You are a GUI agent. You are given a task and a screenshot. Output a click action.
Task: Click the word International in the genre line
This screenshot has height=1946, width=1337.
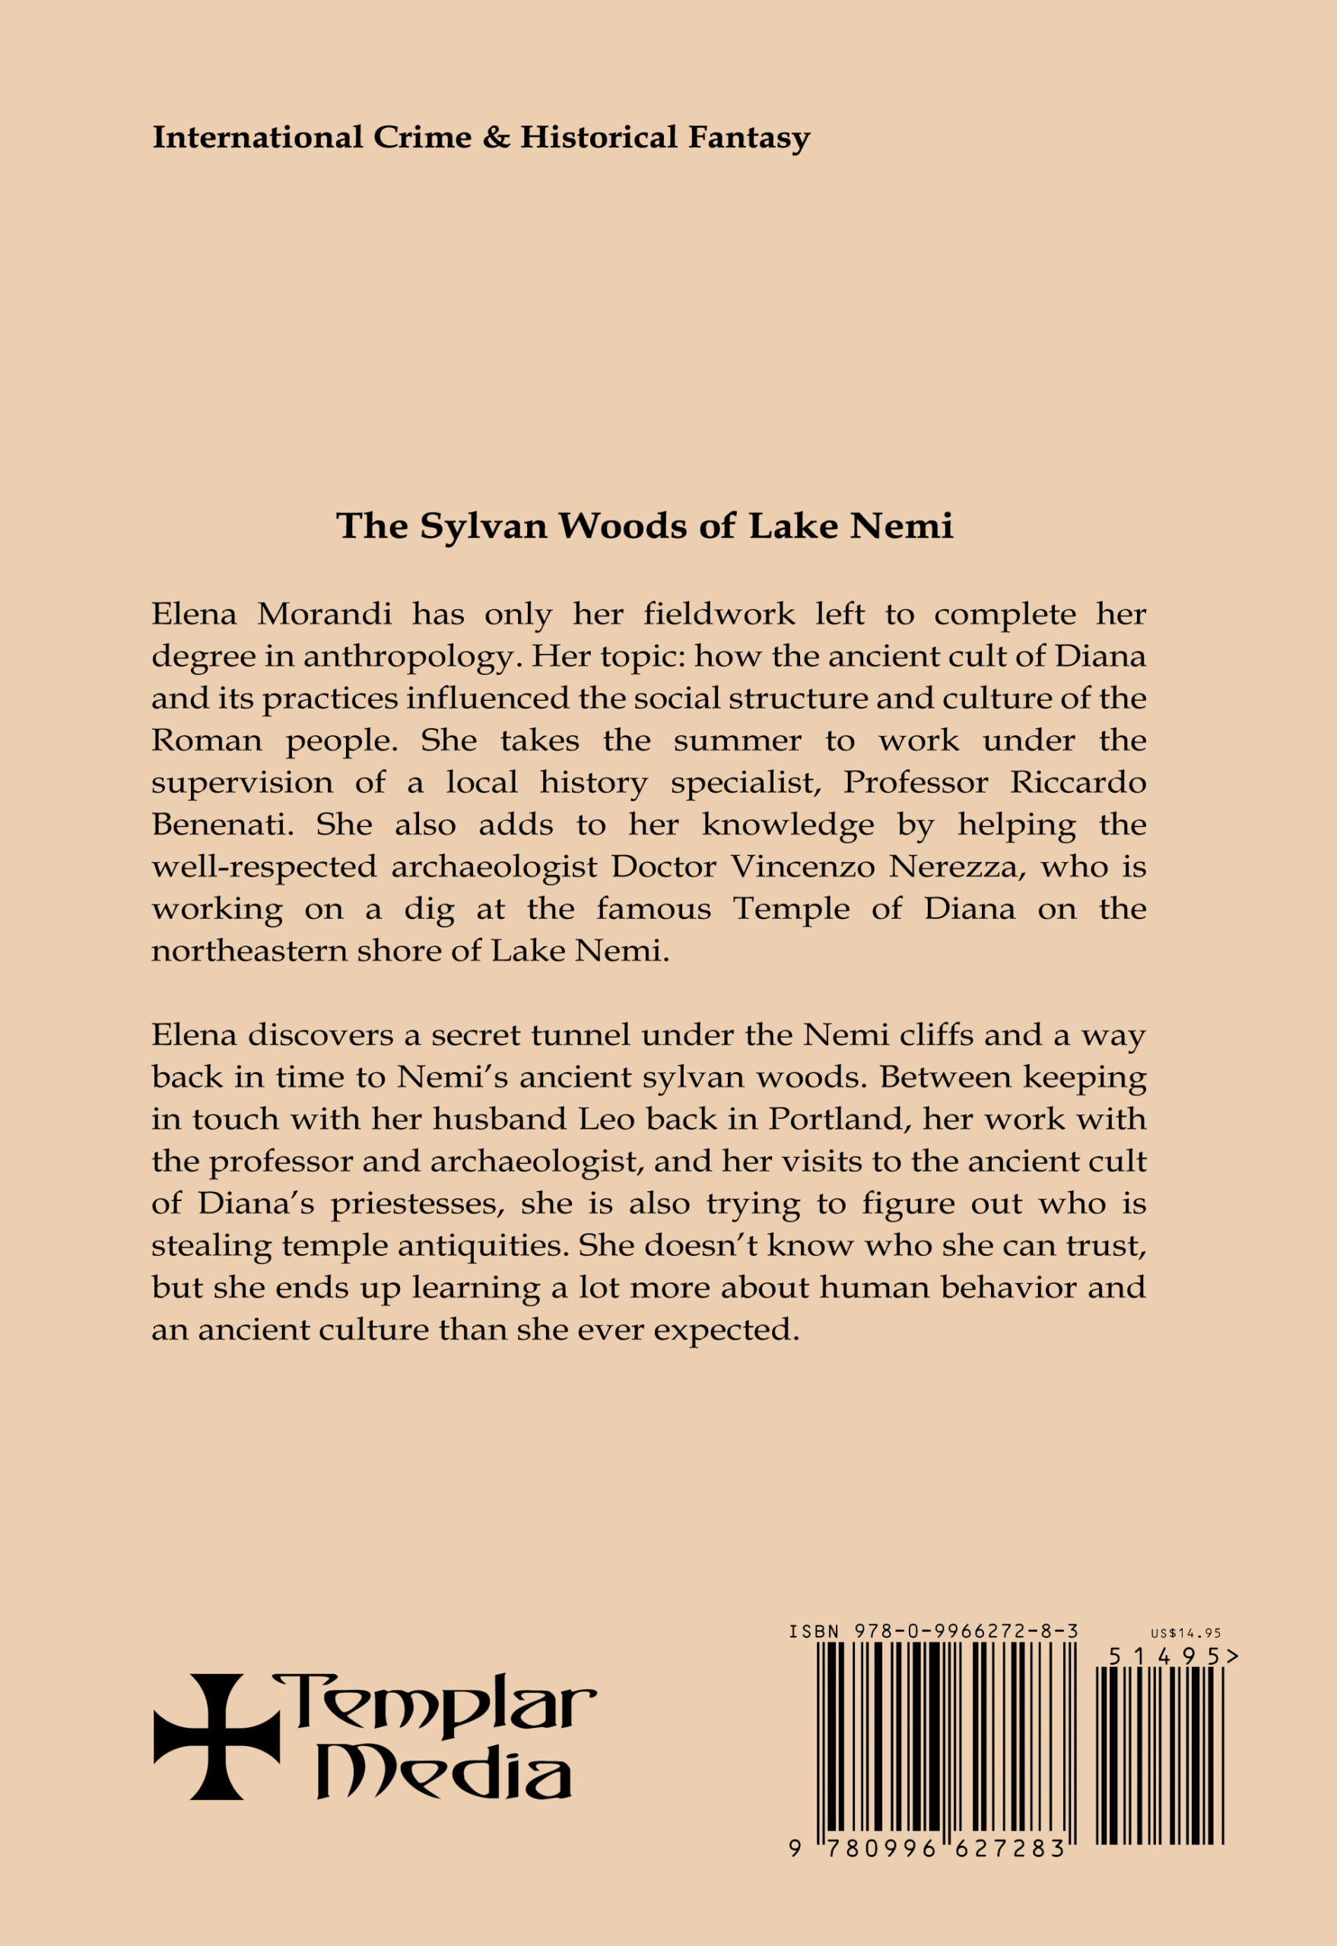click(257, 138)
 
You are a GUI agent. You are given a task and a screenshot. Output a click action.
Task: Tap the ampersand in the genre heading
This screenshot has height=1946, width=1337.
click(496, 138)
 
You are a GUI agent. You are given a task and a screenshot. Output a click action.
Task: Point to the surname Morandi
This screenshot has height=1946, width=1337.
click(324, 616)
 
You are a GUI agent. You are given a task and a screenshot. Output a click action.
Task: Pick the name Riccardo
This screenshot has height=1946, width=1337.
click(1078, 783)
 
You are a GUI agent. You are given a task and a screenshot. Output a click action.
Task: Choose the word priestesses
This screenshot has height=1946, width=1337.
click(415, 1205)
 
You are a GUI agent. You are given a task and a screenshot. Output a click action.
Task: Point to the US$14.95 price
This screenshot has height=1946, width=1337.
click(1186, 1633)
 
